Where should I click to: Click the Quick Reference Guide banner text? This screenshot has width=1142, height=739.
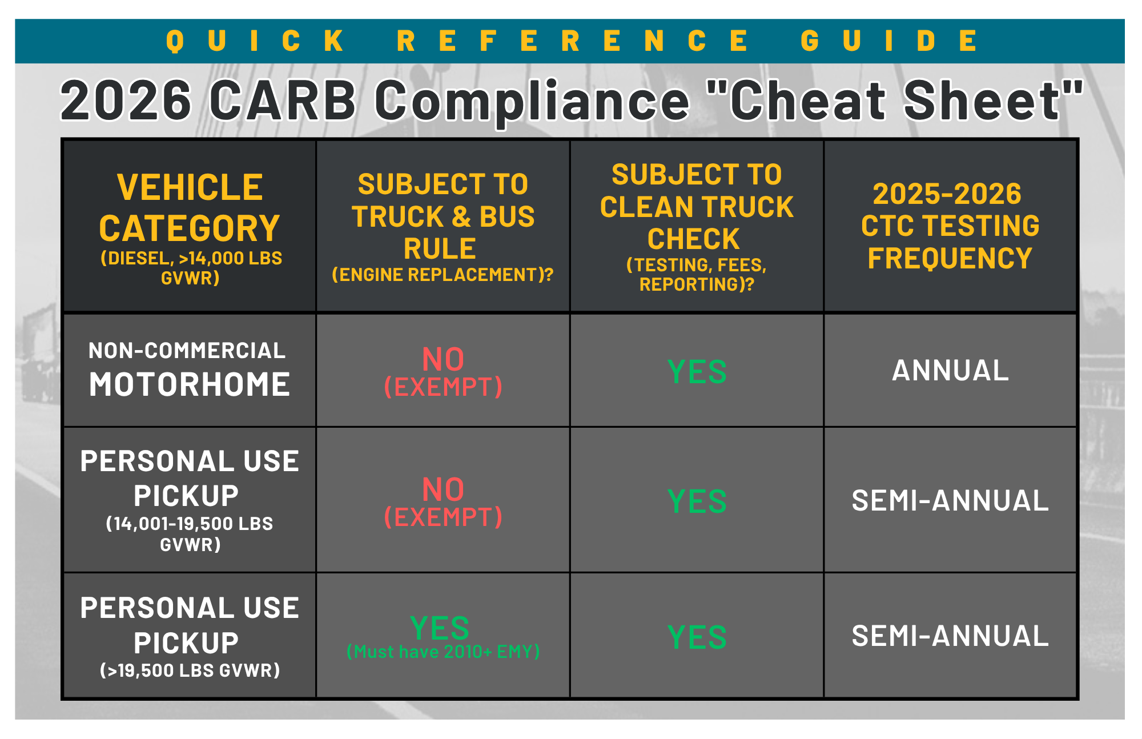(572, 41)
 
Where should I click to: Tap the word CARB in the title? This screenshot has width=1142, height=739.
(283, 101)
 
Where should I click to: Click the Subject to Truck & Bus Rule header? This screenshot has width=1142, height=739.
(443, 227)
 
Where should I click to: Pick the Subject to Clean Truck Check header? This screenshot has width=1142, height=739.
(697, 227)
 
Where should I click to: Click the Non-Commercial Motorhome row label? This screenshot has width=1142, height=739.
(189, 370)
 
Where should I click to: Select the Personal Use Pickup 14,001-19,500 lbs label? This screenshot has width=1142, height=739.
(190, 500)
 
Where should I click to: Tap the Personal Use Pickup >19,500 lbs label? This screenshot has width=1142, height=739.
(190, 636)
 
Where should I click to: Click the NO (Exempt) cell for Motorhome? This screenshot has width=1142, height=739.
(443, 372)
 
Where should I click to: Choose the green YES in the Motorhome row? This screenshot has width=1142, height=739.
(697, 372)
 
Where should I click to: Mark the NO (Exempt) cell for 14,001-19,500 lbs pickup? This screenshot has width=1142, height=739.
(443, 502)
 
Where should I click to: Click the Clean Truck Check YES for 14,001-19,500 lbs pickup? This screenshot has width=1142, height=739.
(697, 501)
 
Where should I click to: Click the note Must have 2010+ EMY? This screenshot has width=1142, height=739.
(443, 652)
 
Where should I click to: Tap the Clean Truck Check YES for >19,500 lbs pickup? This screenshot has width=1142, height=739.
(697, 637)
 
